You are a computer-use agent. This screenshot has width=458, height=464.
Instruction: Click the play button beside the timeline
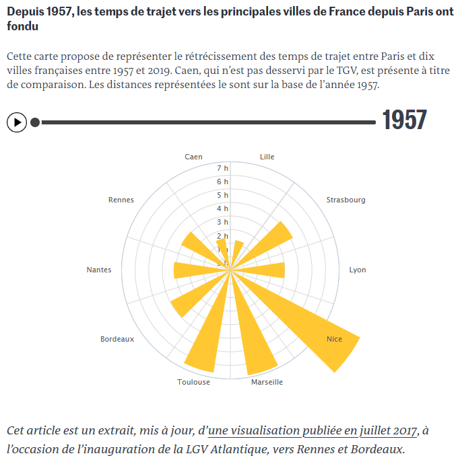coord(17,122)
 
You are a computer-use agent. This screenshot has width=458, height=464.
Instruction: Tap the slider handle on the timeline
coord(35,122)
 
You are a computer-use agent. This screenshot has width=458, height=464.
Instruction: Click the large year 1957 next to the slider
coord(404,120)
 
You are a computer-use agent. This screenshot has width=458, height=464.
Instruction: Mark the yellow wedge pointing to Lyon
coord(266,270)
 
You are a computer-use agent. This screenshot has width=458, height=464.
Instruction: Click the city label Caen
coord(193,157)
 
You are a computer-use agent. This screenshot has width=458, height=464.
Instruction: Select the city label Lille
coord(267,157)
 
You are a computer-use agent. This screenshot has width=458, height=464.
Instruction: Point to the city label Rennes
coord(121,200)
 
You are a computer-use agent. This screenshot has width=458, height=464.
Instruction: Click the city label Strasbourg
coord(346,200)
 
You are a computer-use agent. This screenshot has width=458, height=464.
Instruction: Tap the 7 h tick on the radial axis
coord(223,168)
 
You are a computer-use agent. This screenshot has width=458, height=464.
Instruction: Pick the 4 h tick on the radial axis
coord(223,208)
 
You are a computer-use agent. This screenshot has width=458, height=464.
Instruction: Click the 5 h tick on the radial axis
coord(223,195)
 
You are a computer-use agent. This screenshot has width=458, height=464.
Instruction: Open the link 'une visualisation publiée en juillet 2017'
coord(313,430)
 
